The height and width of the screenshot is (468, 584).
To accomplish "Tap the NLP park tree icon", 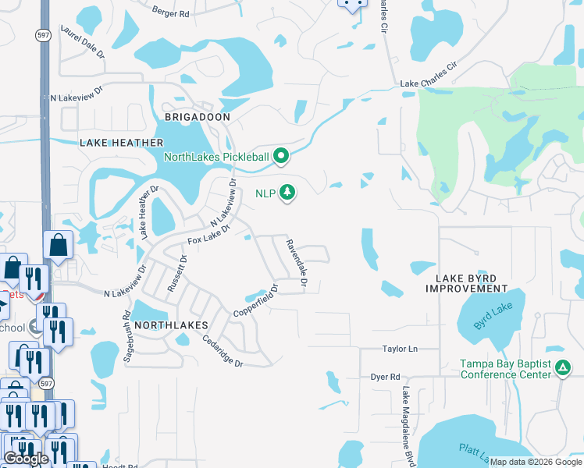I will point(288,192).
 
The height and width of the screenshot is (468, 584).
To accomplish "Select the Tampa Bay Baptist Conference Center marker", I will point(561,368).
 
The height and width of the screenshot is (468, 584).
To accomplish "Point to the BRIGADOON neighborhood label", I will point(198,117).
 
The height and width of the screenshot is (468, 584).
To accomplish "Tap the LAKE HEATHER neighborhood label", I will point(122,143).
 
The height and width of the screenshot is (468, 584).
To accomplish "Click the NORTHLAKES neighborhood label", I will point(171,324).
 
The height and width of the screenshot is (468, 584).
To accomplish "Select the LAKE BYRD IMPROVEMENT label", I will point(467,283).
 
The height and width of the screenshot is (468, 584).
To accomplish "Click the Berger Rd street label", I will point(171,13).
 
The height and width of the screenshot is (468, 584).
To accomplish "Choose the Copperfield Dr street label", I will point(257,302).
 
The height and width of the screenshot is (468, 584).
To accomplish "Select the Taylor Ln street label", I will point(400,349).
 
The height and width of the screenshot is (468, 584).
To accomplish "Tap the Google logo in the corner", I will point(27,459).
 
